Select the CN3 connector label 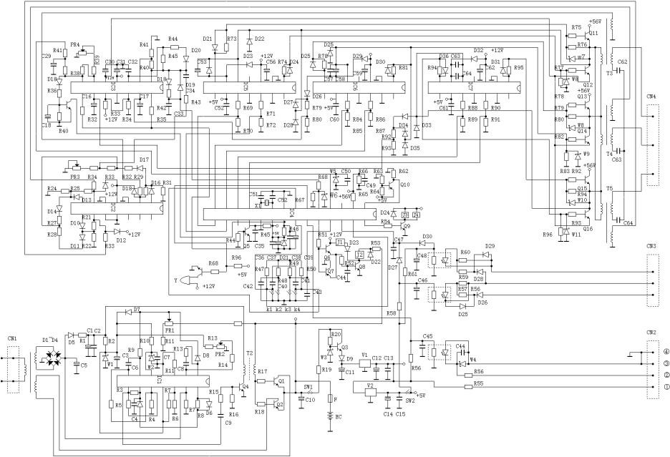click(x=651, y=247)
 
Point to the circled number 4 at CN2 click(x=665, y=352)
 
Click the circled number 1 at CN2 click(x=665, y=386)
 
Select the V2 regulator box click(x=369, y=393)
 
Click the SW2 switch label click(x=410, y=401)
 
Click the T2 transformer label click(x=249, y=353)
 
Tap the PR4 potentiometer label click(x=74, y=44)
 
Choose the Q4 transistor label click(x=246, y=387)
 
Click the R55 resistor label click(x=477, y=384)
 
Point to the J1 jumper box click(x=341, y=244)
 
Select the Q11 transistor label click(x=593, y=33)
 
